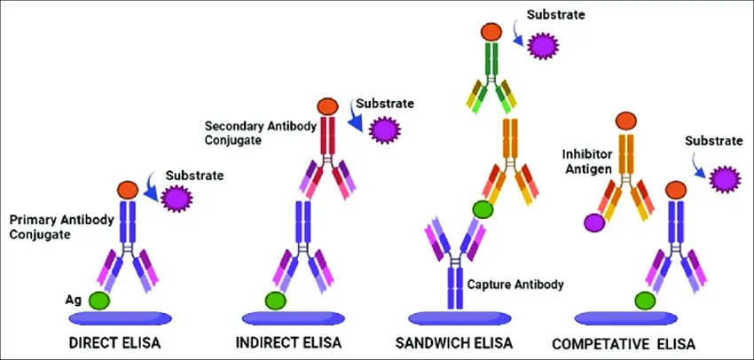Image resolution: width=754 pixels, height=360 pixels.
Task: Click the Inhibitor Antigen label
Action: (x=588, y=163)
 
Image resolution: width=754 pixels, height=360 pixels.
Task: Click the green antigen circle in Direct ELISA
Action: (x=98, y=301)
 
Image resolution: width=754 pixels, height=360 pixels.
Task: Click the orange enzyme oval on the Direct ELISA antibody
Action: (x=128, y=189)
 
